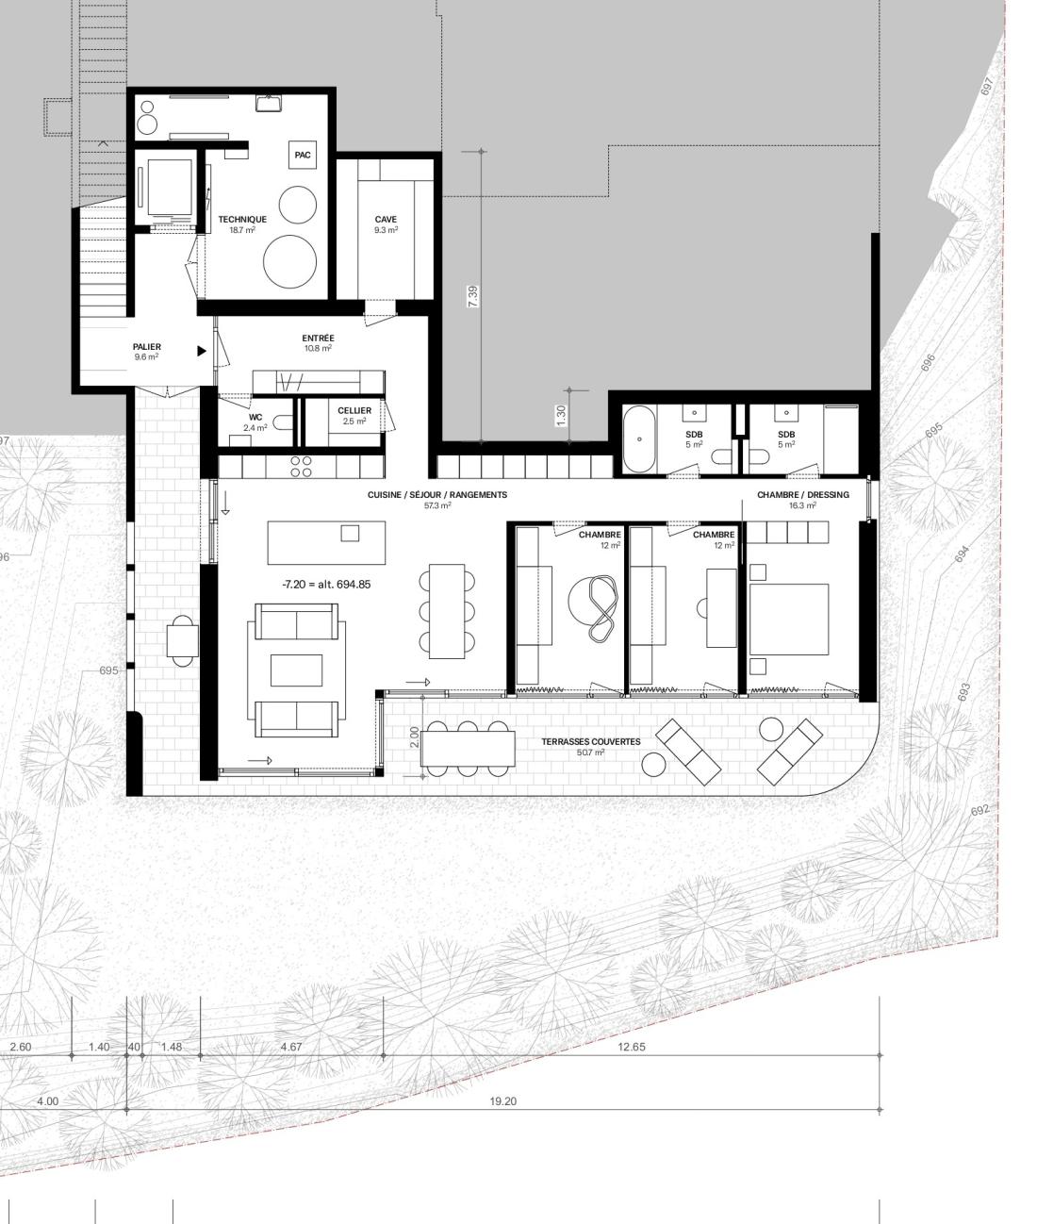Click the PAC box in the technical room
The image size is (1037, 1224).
(303, 156)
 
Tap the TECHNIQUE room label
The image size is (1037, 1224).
(242, 219)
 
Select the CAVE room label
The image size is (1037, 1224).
(386, 219)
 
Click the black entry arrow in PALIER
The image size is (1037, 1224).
(202, 351)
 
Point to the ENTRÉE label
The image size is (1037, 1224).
(319, 339)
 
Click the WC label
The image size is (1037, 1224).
(255, 418)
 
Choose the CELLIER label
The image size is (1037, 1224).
(354, 410)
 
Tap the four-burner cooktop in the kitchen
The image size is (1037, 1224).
(301, 467)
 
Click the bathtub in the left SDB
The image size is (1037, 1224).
(639, 439)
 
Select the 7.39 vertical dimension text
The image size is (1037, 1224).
(473, 296)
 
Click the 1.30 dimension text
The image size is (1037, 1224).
(562, 415)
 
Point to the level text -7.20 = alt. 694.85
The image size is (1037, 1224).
(327, 585)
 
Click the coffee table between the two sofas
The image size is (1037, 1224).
(297, 670)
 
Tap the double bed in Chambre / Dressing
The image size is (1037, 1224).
(789, 620)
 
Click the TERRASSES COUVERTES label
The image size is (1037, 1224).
(591, 741)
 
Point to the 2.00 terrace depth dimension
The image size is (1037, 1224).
(414, 737)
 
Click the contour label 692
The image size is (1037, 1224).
(980, 810)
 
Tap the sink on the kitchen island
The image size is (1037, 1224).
(350, 533)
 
